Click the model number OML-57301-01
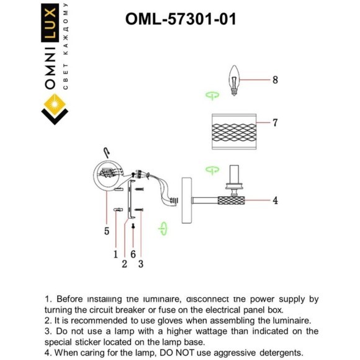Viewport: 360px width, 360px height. click(180, 19)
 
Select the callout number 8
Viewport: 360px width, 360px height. click(275, 80)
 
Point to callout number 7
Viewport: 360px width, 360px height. click(275, 123)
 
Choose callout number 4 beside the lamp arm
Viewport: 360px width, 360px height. click(275, 200)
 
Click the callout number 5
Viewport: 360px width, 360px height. click(107, 231)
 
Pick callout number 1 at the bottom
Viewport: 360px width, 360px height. click(115, 253)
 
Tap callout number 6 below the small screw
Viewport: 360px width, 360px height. click(133, 253)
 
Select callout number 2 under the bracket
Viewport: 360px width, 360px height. click(124, 264)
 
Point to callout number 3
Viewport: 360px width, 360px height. click(141, 264)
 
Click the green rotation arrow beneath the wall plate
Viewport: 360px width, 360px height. click(163, 229)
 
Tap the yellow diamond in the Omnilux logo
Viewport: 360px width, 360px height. click(53, 103)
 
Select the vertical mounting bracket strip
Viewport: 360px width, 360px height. click(129, 200)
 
